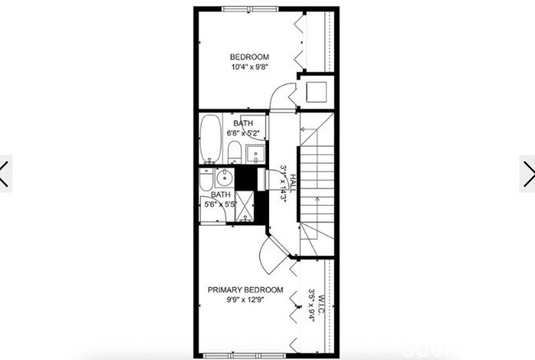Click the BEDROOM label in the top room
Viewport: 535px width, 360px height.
point(249,56)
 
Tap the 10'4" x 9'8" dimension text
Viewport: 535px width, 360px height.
point(249,67)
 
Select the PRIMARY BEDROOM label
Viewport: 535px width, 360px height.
point(245,290)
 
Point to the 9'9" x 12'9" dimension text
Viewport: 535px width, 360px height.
point(245,301)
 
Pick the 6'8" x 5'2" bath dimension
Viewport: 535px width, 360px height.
point(244,133)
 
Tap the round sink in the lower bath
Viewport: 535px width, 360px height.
point(224,178)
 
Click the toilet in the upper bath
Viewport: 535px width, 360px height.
point(235,151)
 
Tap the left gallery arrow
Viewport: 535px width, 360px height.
point(6,173)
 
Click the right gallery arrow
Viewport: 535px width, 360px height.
point(528,173)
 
